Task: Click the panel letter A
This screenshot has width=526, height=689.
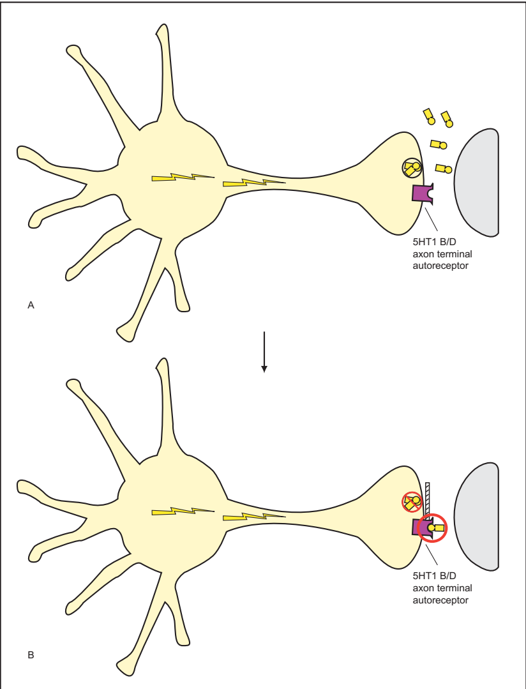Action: point(31,306)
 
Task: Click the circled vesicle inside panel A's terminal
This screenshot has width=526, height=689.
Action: point(411,169)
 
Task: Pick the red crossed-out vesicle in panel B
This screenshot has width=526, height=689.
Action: point(411,503)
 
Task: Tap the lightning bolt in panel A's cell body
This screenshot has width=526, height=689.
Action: point(182,178)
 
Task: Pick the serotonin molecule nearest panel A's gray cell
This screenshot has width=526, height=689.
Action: point(444,169)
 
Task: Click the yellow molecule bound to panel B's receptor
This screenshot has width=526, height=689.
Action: point(437,528)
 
